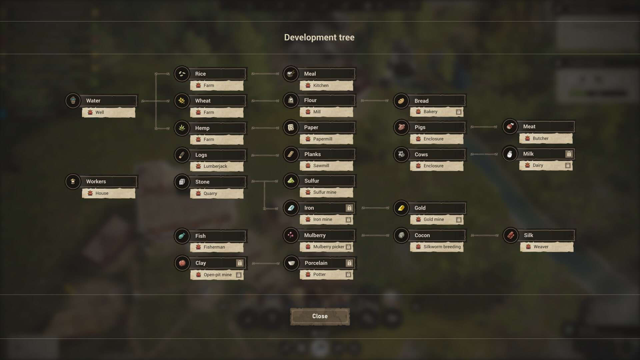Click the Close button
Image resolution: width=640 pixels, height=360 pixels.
click(320, 316)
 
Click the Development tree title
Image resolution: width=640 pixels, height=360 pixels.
click(319, 37)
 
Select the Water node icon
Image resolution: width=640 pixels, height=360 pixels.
click(73, 101)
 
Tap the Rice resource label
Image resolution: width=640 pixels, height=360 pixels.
click(200, 74)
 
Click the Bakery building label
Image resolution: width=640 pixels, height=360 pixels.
click(430, 112)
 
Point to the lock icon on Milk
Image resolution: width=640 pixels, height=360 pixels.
click(569, 154)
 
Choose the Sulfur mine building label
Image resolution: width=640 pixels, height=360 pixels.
click(325, 192)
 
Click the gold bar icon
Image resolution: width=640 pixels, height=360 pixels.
click(401, 208)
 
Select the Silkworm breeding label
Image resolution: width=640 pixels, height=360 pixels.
click(442, 247)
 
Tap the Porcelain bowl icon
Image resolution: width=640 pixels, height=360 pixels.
click(291, 263)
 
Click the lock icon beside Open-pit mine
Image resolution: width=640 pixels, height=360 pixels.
click(239, 275)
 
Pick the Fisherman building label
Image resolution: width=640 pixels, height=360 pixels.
click(214, 247)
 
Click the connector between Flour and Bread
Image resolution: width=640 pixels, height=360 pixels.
click(375, 101)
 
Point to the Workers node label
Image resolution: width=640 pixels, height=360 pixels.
click(96, 181)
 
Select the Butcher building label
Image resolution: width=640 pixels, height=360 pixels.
click(540, 138)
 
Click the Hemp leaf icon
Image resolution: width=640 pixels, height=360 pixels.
click(182, 128)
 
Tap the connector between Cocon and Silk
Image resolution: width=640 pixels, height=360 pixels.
click(485, 235)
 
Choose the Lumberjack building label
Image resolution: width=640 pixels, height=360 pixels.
click(215, 166)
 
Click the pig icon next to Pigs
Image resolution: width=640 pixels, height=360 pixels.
click(401, 127)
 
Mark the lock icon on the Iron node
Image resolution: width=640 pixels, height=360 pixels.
click(349, 208)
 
